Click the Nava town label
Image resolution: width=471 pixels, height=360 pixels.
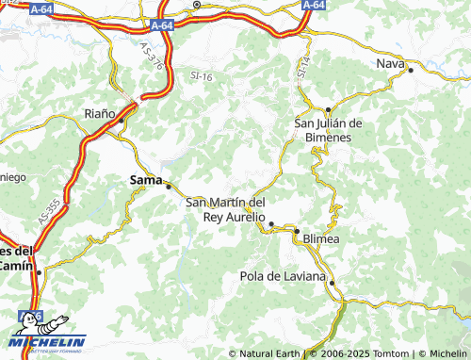(390, 63)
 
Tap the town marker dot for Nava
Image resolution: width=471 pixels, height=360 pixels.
(411, 69)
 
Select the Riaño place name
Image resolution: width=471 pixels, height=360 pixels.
(100, 113)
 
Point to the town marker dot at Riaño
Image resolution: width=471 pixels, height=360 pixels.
(122, 121)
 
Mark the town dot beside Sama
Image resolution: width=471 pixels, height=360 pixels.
(169, 186)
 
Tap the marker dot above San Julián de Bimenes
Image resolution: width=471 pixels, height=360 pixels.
(328, 110)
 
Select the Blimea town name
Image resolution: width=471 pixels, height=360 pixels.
(321, 239)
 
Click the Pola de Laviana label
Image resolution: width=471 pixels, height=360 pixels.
(283, 276)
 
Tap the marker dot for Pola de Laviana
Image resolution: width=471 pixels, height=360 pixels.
(331, 283)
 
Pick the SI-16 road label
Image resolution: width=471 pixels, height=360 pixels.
(202, 75)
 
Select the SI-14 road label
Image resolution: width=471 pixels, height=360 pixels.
(303, 66)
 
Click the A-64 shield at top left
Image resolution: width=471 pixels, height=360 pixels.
(41, 8)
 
